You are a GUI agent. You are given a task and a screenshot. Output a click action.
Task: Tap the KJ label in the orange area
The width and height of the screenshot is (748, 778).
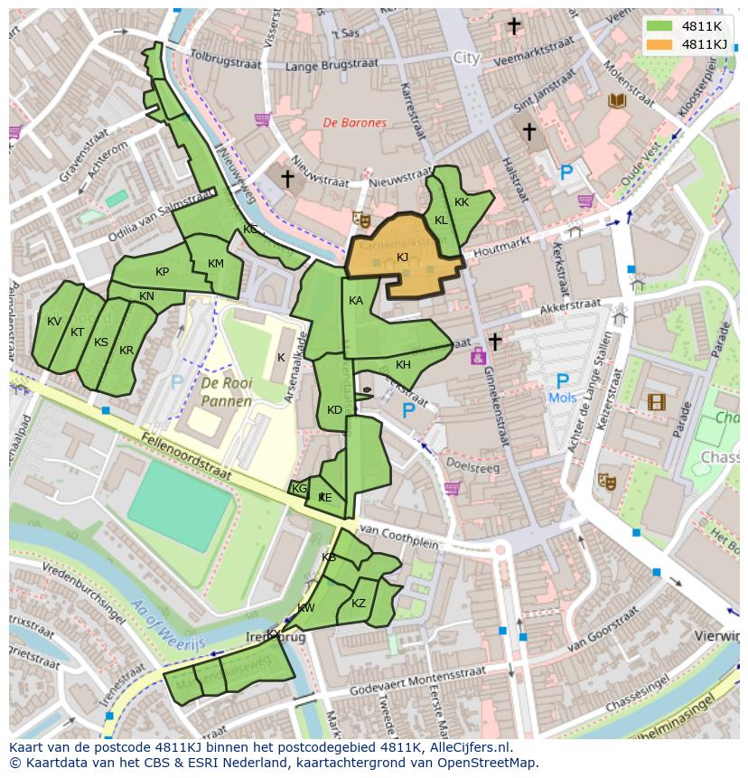pyautogui.click(x=402, y=258)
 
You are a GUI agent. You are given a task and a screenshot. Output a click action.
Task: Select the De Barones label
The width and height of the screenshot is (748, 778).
pyautogui.click(x=355, y=123)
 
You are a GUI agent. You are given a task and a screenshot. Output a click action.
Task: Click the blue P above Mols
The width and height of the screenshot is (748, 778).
pyautogui.click(x=562, y=381)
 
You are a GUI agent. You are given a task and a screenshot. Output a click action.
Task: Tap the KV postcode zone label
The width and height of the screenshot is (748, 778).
pyautogui.click(x=54, y=322)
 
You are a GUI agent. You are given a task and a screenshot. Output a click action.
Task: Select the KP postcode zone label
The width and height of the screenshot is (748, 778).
pyautogui.click(x=162, y=272)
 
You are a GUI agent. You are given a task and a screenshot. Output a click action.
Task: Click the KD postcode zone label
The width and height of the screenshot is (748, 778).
pyautogui.click(x=334, y=410)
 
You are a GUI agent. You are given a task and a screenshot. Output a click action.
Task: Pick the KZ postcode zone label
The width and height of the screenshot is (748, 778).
pyautogui.click(x=359, y=604)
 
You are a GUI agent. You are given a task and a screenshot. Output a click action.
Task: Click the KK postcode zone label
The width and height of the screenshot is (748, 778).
pyautogui.click(x=462, y=202)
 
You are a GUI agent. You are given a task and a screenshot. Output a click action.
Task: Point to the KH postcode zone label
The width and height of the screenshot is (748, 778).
pyautogui.click(x=403, y=365)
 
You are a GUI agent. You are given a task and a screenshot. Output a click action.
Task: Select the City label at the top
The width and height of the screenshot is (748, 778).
pyautogui.click(x=466, y=58)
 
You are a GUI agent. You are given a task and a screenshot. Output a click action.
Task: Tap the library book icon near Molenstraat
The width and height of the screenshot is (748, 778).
pyautogui.click(x=618, y=100)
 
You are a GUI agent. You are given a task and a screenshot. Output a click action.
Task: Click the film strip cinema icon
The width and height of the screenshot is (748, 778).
pyautogui.click(x=656, y=401)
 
